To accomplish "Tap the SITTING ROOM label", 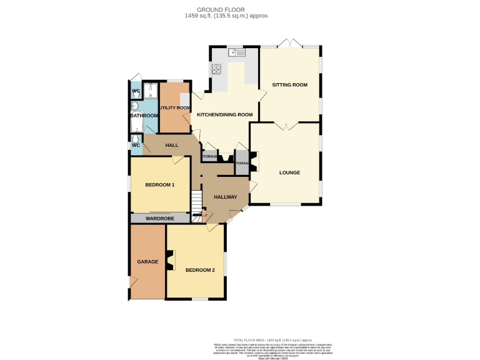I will coord(289,84).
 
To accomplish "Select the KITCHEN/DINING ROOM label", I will coord(224,115).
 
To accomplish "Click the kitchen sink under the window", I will coord(237,54).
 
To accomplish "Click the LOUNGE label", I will coord(289,172).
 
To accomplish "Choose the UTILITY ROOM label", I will coord(174,108).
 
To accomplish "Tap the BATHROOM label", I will coord(144,116).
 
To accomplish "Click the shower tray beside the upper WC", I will coord(151,91).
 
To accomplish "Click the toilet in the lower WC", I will coord(135,140).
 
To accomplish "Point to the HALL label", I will coord(171,145).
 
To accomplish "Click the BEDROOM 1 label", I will coord(159,185).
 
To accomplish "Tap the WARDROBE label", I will coord(159,219).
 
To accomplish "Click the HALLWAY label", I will coord(225,197).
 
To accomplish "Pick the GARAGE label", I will coord(147,262).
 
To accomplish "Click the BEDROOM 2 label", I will coord(200,270).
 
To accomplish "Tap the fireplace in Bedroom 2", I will coord(171,260).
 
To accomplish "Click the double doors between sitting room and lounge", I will coord(285,126).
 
